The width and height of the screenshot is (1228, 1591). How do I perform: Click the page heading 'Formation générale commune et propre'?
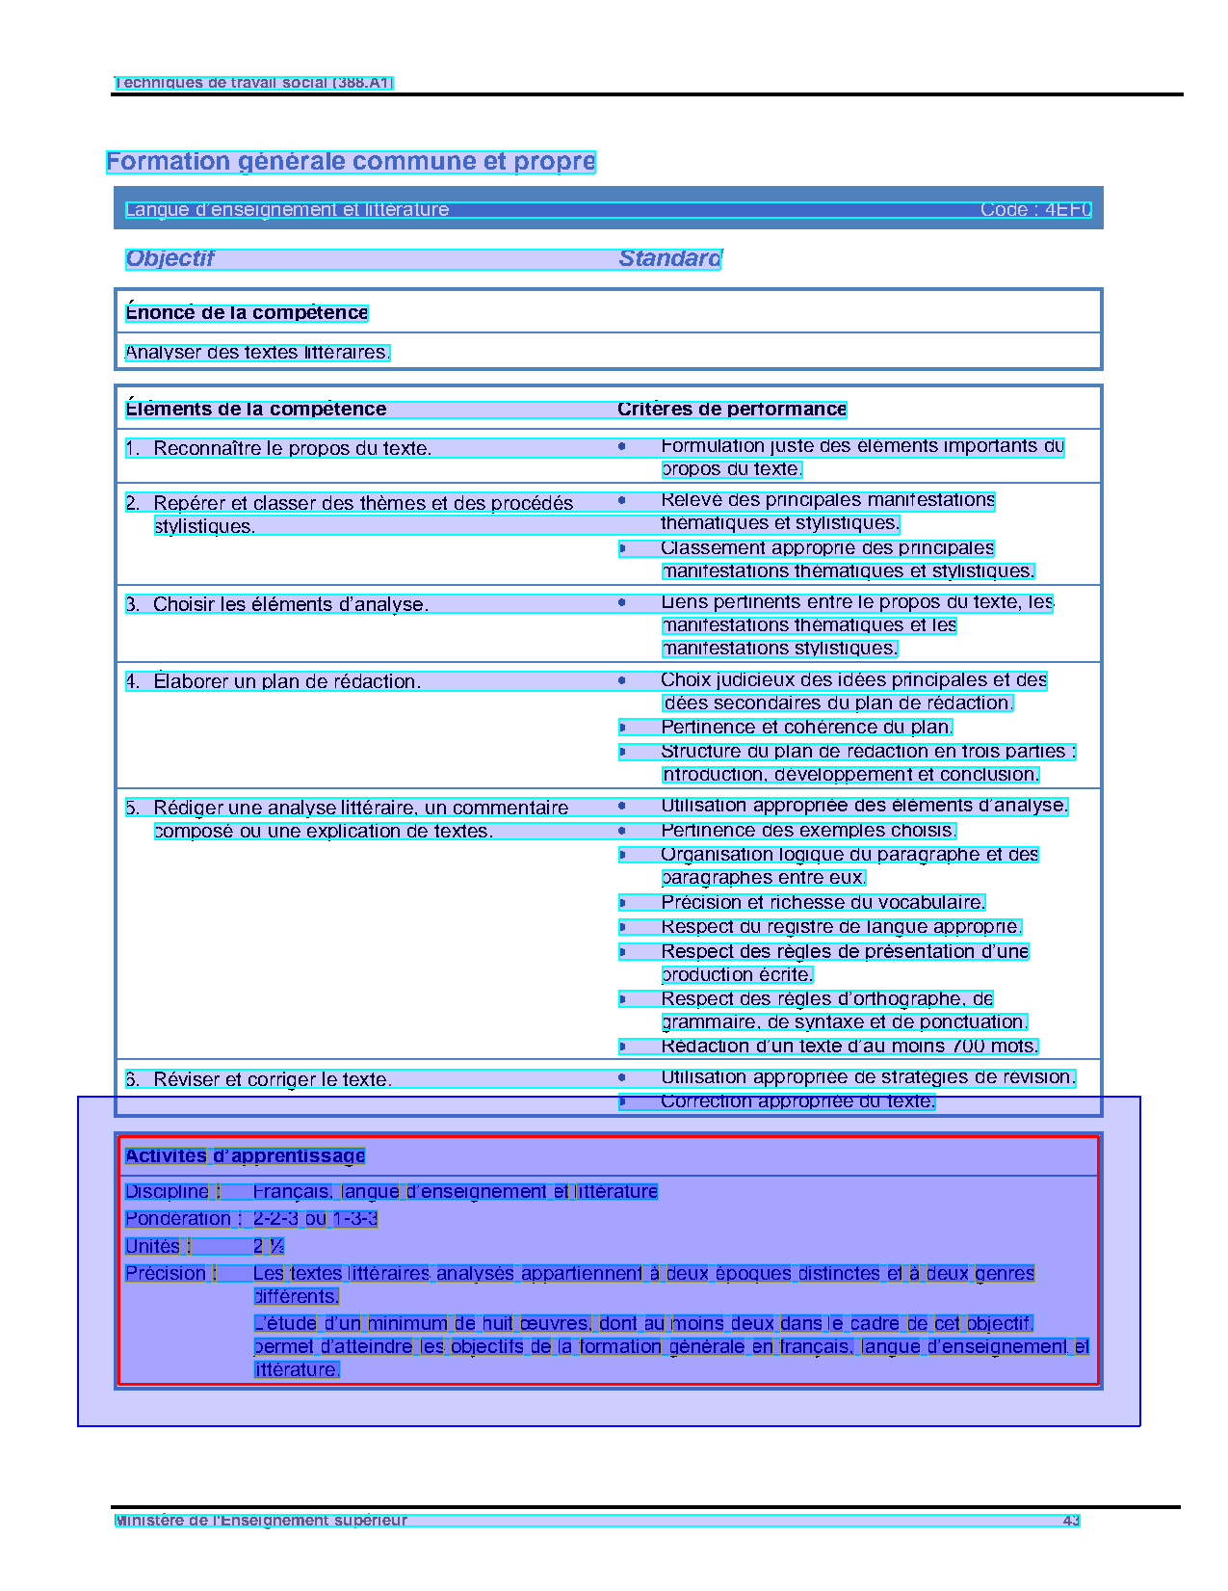(x=351, y=162)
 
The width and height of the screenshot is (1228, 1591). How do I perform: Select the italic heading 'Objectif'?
(x=170, y=259)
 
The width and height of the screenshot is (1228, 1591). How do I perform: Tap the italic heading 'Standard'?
(x=669, y=259)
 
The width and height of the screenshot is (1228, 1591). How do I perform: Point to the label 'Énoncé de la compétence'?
(x=247, y=313)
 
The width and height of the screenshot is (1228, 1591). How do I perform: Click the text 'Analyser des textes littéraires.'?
(x=257, y=353)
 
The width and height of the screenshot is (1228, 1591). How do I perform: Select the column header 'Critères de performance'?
(x=732, y=410)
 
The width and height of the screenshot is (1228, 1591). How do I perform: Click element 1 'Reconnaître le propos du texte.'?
(x=292, y=449)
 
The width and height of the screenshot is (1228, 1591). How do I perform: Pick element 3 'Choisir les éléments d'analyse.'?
(x=290, y=605)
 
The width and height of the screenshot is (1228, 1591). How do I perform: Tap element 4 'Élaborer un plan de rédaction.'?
(x=286, y=682)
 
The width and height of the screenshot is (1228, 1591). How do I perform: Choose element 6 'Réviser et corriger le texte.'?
(x=272, y=1080)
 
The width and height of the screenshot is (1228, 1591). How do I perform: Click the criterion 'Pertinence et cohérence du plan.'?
(x=806, y=728)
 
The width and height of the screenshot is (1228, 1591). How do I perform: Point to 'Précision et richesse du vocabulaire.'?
(x=823, y=903)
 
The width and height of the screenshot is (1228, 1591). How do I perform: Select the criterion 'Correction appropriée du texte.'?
(x=797, y=1101)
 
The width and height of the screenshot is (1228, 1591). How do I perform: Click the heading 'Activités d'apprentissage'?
(x=245, y=1156)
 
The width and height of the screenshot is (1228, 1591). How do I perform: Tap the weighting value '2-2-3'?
(x=275, y=1219)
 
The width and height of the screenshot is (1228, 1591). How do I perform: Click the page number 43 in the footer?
(x=1071, y=1521)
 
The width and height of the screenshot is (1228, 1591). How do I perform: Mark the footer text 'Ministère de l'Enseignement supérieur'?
(x=261, y=1521)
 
